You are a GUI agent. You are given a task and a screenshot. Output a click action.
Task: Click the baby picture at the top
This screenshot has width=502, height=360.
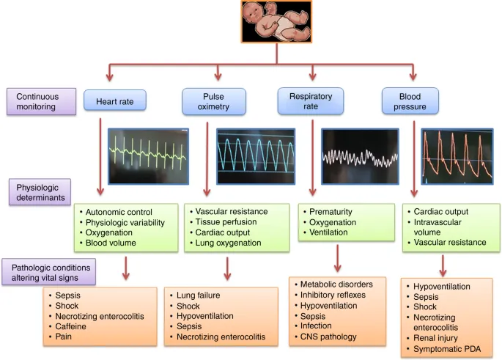(x=276, y=21)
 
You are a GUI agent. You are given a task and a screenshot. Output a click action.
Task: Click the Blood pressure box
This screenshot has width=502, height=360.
(x=410, y=101)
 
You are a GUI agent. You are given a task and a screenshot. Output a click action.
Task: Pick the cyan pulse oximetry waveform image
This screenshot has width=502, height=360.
(x=256, y=155)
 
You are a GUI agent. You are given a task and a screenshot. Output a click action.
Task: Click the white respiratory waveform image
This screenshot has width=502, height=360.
(x=360, y=155)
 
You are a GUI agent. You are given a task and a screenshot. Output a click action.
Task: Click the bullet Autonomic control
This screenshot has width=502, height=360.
(x=121, y=211)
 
